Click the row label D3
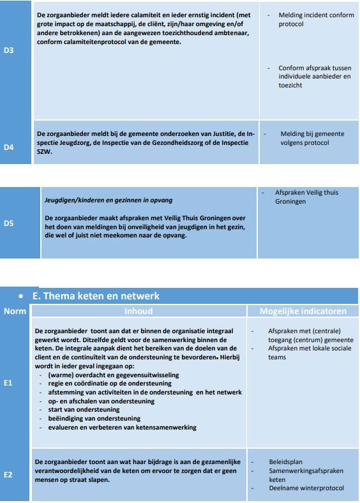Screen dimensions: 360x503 coord(8,50)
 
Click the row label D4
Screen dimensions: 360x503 coord(8,147)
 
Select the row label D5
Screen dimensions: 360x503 coord(8,223)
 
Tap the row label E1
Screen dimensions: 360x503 coord(8,383)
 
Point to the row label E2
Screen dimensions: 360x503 coord(8,475)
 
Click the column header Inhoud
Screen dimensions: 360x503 coord(139,312)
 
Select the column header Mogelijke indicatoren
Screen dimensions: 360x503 coord(303,312)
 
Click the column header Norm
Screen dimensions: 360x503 coord(15,312)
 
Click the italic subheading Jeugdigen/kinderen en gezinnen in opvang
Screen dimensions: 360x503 coord(108,200)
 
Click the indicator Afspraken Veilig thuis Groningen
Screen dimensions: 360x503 coord(306,197)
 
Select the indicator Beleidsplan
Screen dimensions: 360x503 coord(285,462)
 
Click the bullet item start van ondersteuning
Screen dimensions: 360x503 coord(84,410)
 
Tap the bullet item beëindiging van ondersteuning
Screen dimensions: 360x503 coord(93,419)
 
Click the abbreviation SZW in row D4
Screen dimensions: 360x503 coord(44,152)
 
